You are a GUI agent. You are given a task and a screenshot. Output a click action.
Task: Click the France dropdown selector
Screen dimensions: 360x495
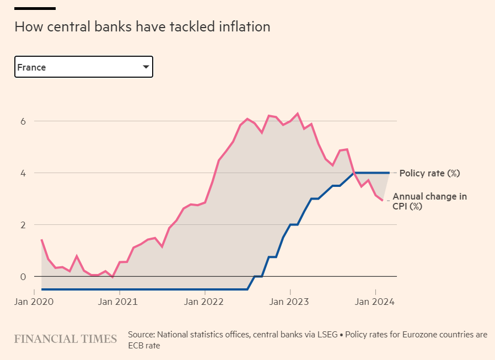pos(83,67)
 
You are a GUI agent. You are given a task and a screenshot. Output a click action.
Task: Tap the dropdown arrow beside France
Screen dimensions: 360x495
pos(146,67)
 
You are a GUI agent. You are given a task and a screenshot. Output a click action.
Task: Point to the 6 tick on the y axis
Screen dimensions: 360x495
pos(23,121)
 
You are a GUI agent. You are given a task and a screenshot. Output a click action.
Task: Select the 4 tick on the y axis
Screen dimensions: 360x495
pos(23,173)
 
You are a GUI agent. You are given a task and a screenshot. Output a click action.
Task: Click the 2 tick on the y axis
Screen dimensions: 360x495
pos(23,225)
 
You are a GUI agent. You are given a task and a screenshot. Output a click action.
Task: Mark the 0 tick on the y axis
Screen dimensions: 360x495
pos(23,276)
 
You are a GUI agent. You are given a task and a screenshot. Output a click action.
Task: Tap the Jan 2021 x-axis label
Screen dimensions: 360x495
pos(118,302)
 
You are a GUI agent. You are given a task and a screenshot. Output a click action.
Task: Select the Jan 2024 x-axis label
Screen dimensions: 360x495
pos(375,302)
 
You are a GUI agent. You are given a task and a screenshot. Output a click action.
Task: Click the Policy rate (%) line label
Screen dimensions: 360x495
pos(429,173)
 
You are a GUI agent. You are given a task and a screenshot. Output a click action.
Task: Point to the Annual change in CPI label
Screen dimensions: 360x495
pos(429,202)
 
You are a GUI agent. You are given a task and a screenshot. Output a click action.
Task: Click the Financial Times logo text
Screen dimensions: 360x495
pos(66,338)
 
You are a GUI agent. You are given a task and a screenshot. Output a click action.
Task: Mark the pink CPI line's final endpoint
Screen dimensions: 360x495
pos(383,200)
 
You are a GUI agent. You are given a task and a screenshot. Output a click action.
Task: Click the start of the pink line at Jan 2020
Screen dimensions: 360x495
pos(41,240)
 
